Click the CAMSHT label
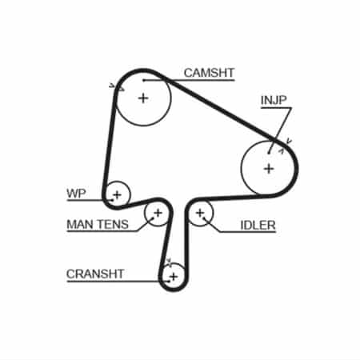click(x=209, y=73)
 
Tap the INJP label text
click(x=274, y=100)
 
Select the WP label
click(x=76, y=194)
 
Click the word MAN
click(x=79, y=224)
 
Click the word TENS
click(x=112, y=224)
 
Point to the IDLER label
click(x=258, y=226)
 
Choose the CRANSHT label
click(x=95, y=274)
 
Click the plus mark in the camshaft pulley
click(x=143, y=98)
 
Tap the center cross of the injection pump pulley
click(x=269, y=169)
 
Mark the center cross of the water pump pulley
click(x=117, y=195)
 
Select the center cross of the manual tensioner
click(x=158, y=213)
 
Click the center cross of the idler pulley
click(x=200, y=213)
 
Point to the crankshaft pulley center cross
click(x=174, y=277)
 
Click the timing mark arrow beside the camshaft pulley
click(x=117, y=87)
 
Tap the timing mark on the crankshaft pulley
click(x=169, y=262)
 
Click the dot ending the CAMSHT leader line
click(x=143, y=80)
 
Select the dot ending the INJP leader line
click(x=269, y=153)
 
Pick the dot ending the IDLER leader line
click(x=204, y=218)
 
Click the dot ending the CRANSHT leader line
click(x=168, y=281)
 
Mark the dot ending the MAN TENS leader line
click(x=153, y=218)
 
